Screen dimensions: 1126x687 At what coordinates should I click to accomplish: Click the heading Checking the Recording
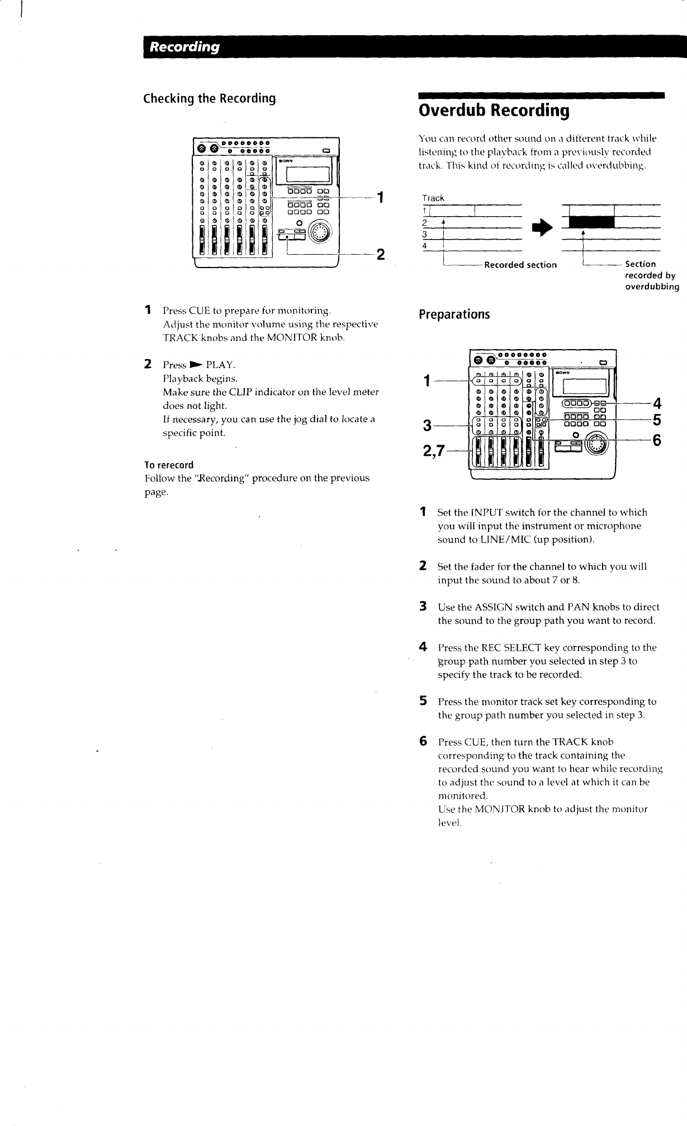(x=210, y=99)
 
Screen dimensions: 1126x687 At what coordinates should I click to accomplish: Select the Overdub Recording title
(x=494, y=111)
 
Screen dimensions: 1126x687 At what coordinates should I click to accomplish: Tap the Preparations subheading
(x=454, y=314)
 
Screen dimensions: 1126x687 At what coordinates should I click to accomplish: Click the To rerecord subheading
(x=169, y=465)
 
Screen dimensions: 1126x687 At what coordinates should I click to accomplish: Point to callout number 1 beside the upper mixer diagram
(x=380, y=198)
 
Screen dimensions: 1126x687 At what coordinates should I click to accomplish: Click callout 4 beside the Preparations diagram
(x=657, y=403)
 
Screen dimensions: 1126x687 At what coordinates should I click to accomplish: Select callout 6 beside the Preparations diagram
(x=657, y=441)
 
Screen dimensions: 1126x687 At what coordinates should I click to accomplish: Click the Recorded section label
(x=520, y=265)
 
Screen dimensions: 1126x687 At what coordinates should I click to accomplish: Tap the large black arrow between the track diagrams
(x=542, y=223)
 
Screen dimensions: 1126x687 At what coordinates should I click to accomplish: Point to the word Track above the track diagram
(x=433, y=198)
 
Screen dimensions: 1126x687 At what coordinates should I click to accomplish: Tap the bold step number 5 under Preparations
(x=424, y=700)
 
